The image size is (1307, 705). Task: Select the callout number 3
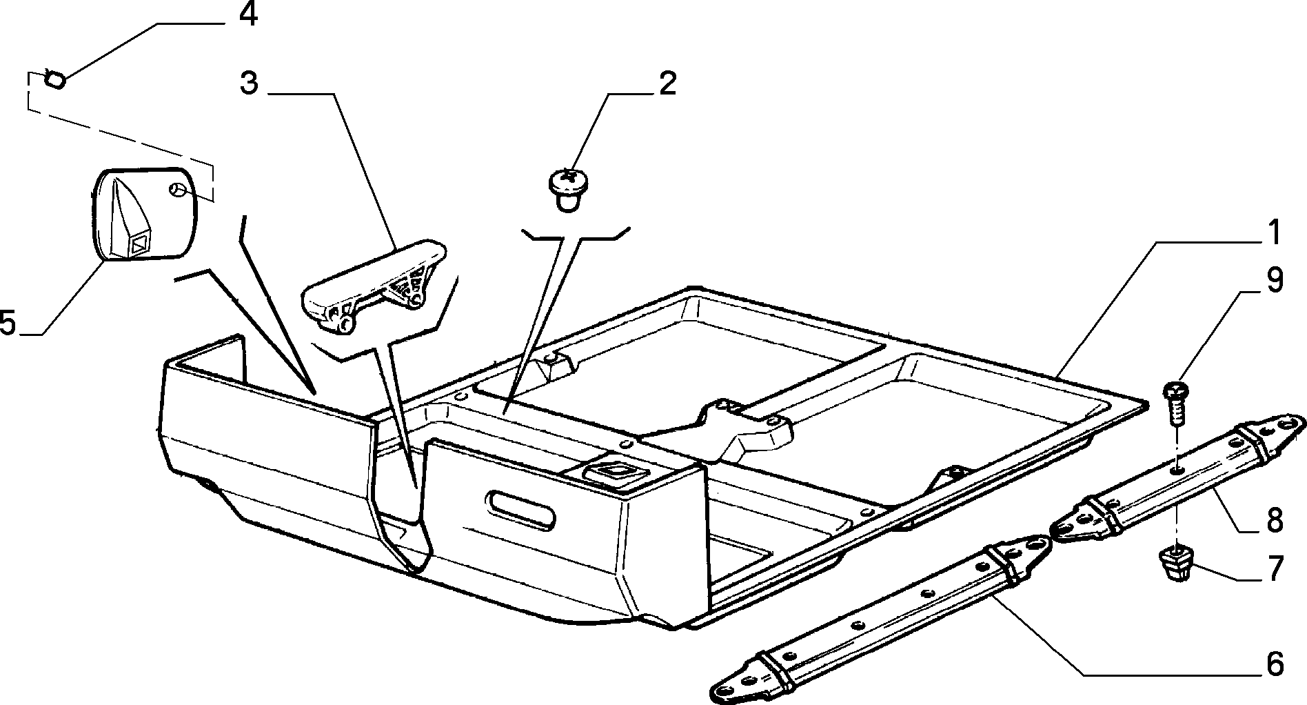[x=249, y=83]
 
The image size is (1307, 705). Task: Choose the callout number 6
[x=1275, y=664]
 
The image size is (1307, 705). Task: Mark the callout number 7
[x=1275, y=569]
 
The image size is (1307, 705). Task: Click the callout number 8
[x=1275, y=520]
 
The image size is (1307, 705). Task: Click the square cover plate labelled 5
[x=145, y=215]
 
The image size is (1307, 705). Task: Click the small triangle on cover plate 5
[x=140, y=244]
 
